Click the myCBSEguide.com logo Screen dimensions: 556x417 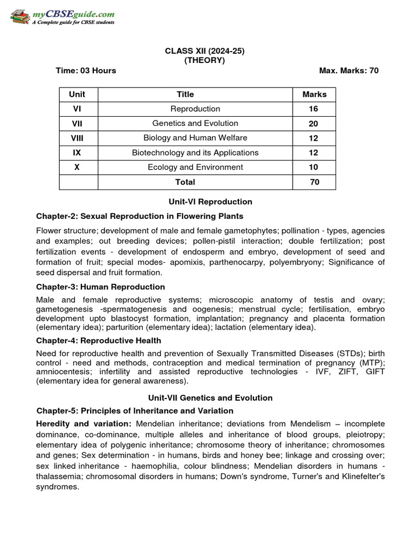62,17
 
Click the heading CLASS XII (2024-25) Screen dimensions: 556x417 205,51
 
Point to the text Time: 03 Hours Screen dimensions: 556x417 86,71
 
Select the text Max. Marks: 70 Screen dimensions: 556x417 349,71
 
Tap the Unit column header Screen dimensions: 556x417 77,94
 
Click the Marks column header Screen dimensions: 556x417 314,94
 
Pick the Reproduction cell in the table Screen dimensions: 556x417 195,109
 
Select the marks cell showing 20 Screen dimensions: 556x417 314,124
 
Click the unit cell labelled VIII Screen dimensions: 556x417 77,138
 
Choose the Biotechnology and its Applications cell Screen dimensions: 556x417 195,153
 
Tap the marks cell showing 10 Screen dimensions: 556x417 314,167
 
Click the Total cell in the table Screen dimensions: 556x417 185,182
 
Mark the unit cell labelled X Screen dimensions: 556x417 77,167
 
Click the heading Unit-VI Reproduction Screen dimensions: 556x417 211,202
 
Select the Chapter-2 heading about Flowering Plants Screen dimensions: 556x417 140,216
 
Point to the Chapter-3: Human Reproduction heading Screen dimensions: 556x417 100,287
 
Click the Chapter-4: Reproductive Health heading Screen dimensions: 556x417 98,340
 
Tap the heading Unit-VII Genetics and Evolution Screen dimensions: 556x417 211,398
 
